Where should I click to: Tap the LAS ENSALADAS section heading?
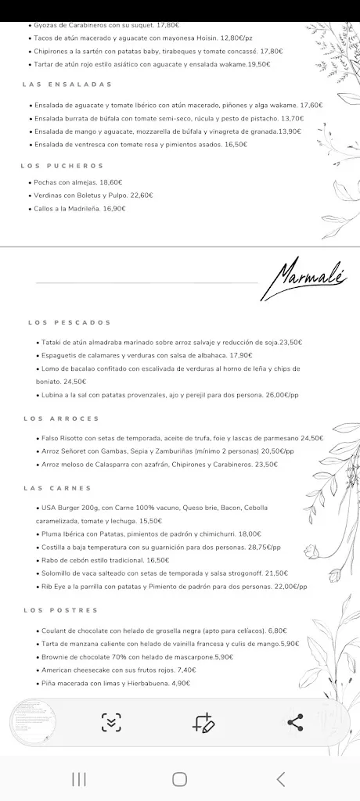pos(67,84)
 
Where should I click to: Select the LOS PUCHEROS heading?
pos(63,166)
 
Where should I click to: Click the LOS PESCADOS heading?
pos(70,322)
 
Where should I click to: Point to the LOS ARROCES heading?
pos(62,418)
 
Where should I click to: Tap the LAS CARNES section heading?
pos(58,488)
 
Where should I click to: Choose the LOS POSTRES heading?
pos(61,610)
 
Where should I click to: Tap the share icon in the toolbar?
pos(295,723)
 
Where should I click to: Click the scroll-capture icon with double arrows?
pos(111,723)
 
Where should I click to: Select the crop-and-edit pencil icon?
pos(203,723)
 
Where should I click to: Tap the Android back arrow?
pos(281,778)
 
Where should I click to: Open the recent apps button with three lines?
pos(78,778)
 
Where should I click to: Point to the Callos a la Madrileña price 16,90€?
pos(114,209)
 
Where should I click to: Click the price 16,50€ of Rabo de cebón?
pos(157,560)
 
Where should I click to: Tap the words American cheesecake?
pos(72,670)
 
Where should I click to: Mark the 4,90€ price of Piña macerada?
pos(181,683)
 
